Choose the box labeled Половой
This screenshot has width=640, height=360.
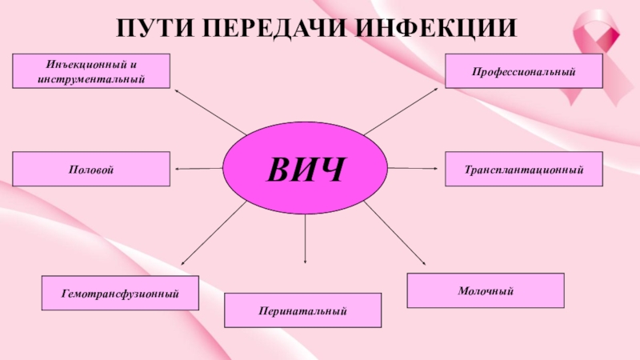91,170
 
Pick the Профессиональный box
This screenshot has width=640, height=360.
523,72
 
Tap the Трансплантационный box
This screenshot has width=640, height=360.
523,170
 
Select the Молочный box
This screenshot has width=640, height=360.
486,290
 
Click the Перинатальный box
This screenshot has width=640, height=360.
302,310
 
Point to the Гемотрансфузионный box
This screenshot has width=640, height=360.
120,294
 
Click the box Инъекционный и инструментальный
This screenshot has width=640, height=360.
91,70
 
